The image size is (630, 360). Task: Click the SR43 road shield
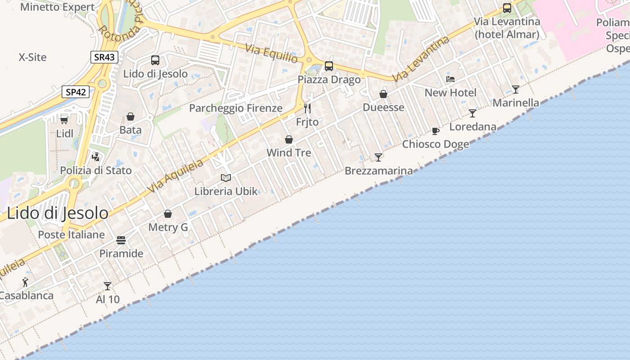(x=104, y=57)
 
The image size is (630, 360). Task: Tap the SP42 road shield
(x=75, y=92)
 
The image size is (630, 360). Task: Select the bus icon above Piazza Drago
(x=329, y=66)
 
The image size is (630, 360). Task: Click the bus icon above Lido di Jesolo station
(x=155, y=60)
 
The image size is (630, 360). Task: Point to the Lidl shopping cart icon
(x=64, y=120)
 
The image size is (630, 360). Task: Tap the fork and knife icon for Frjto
(x=307, y=108)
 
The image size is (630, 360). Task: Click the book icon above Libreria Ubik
(x=226, y=178)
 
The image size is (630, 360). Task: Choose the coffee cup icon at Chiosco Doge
(x=435, y=131)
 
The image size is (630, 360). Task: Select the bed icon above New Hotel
(x=450, y=79)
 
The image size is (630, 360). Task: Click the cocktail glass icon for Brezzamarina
(x=378, y=157)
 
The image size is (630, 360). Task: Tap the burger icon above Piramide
(x=121, y=240)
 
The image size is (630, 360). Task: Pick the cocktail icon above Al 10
(x=108, y=286)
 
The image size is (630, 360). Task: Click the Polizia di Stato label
(x=96, y=171)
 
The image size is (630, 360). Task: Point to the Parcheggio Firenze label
(x=235, y=108)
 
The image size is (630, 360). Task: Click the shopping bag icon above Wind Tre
(x=289, y=139)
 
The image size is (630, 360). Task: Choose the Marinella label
(x=516, y=103)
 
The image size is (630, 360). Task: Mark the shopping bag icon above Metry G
(x=168, y=214)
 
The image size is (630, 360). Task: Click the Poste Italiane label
(x=71, y=234)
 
